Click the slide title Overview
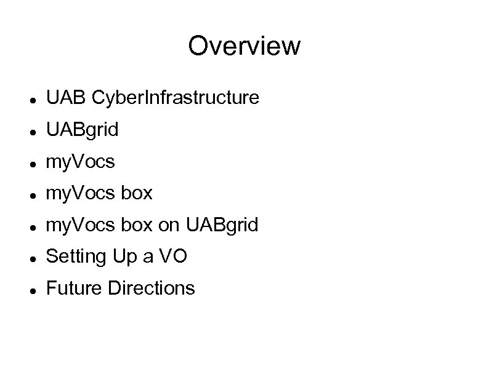244,46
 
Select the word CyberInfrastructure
175,97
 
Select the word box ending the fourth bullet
136,194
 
